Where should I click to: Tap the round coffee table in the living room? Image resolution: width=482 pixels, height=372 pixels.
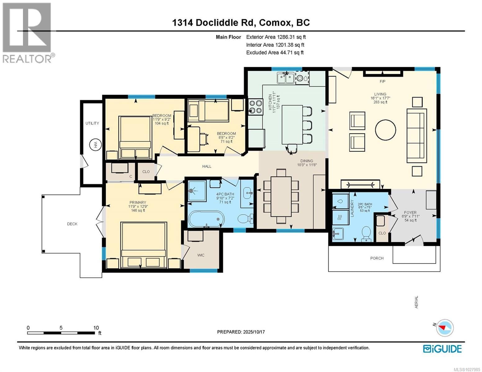click(385, 130)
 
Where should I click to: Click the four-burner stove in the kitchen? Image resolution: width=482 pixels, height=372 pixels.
click(255, 106)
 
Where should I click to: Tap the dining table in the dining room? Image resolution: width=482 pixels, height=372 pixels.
click(281, 196)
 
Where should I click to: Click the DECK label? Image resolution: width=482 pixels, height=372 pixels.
click(72, 224)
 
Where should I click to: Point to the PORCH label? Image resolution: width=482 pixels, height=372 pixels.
click(377, 258)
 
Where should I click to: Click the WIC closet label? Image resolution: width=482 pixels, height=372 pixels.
click(201, 255)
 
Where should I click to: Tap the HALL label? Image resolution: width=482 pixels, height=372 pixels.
click(207, 166)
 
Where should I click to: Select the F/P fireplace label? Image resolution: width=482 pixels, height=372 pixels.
click(382, 82)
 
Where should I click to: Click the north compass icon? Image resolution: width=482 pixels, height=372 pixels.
click(444, 328)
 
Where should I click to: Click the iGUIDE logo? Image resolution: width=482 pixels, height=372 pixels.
click(442, 349)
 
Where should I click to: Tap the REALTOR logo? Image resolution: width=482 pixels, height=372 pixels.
click(27, 33)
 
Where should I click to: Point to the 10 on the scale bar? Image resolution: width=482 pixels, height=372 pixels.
click(96, 328)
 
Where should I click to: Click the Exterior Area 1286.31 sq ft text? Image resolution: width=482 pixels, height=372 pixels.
click(276, 37)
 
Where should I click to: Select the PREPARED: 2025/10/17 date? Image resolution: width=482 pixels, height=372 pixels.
click(241, 332)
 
